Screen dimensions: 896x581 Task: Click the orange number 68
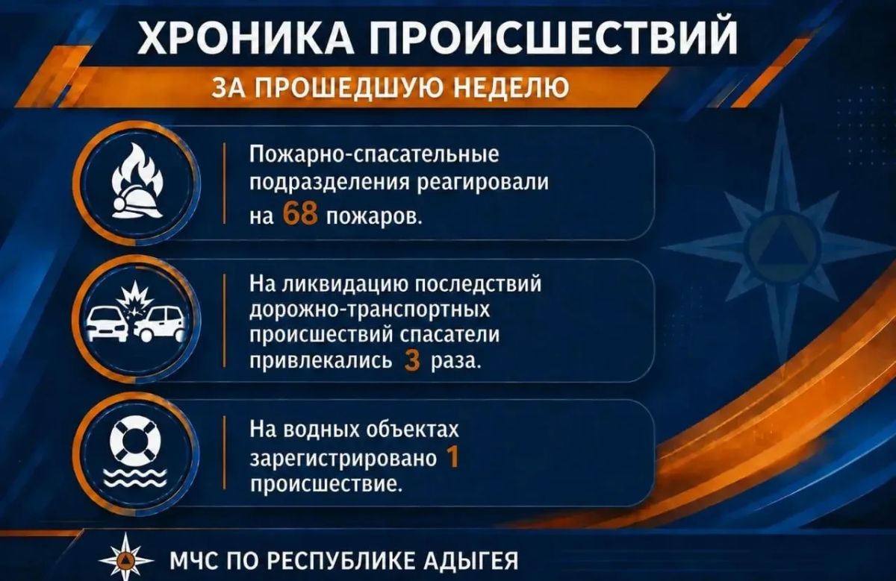[300, 214]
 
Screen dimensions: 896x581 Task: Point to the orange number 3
[412, 361]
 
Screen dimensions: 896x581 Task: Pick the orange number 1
[452, 456]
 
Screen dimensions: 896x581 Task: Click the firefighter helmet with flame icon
[137, 181]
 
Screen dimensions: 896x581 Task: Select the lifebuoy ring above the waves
[135, 439]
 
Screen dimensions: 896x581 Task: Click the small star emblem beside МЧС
[126, 559]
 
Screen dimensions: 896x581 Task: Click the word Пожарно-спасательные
[374, 155]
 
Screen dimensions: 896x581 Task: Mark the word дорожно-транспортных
[370, 310]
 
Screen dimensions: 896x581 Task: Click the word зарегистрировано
[343, 459]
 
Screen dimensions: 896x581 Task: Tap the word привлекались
[321, 361]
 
